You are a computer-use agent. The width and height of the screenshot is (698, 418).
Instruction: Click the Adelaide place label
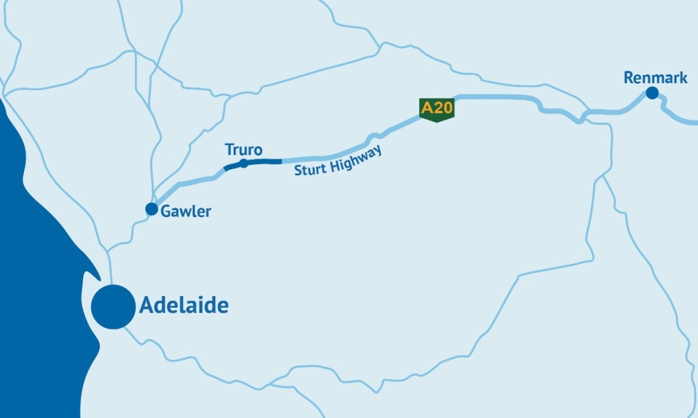(183, 306)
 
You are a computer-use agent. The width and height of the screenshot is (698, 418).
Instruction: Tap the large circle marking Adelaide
(113, 306)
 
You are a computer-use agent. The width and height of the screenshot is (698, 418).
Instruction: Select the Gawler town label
(186, 212)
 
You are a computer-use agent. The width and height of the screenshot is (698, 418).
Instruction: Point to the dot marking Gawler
(151, 208)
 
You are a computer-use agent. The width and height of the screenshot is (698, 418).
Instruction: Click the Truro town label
(243, 150)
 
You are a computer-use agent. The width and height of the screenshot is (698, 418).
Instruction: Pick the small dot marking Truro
(244, 163)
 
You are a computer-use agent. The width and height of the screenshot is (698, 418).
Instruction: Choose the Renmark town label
(655, 78)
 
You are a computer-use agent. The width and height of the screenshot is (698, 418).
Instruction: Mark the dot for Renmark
(652, 93)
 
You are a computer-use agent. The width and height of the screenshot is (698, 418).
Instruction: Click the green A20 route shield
(437, 110)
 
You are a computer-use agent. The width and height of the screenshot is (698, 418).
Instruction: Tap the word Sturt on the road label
(311, 168)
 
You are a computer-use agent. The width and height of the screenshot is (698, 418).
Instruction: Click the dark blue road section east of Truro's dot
(266, 161)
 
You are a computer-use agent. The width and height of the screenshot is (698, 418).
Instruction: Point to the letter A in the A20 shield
(427, 108)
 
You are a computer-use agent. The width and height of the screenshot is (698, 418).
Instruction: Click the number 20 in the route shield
(442, 108)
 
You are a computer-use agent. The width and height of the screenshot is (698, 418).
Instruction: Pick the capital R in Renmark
(628, 78)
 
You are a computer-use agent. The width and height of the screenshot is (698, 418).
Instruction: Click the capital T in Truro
(229, 150)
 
